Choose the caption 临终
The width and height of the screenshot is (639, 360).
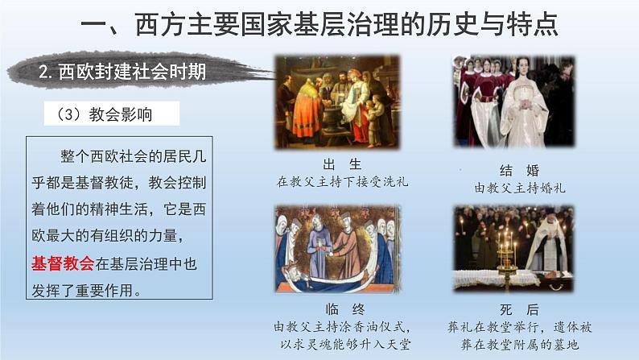[x=343, y=310]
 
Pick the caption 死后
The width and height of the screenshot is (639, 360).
[x=519, y=310]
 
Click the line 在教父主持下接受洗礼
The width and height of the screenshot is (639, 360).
[x=343, y=182]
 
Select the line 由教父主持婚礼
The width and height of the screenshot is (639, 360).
[x=519, y=188]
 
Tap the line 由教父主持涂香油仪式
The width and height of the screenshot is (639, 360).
[x=343, y=327]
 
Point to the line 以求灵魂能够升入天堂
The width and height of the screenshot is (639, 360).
[x=343, y=344]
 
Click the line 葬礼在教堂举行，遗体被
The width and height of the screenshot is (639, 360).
[x=519, y=327]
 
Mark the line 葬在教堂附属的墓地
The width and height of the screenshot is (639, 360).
[x=519, y=344]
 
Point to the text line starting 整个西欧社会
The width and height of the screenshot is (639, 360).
[x=121, y=155]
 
